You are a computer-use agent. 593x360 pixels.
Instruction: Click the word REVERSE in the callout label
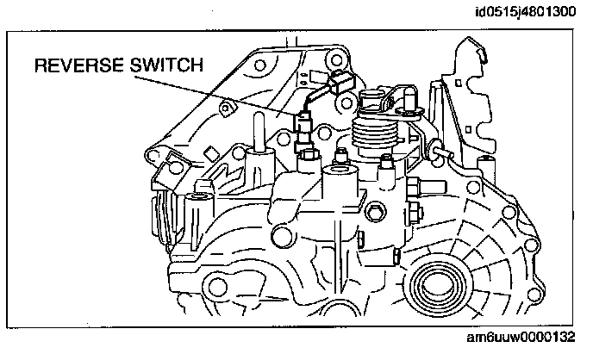[x=79, y=65]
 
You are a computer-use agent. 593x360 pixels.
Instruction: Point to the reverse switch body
[x=304, y=130]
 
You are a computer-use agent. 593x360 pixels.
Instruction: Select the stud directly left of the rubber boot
[x=341, y=157]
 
